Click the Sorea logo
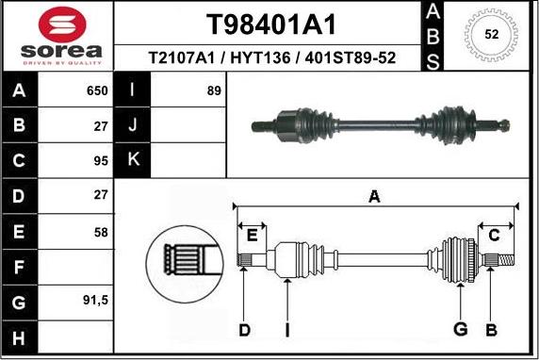57,37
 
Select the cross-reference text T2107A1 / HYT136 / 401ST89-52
271,58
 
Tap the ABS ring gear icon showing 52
490,35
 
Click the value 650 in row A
98,91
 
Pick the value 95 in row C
101,160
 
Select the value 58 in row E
101,231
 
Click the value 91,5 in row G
96,302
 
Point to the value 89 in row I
213,91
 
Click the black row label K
133,160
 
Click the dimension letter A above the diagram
374,197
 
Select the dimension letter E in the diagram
252,235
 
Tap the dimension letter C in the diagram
494,235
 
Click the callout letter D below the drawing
244,330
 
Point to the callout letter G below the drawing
460,330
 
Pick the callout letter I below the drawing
288,330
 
